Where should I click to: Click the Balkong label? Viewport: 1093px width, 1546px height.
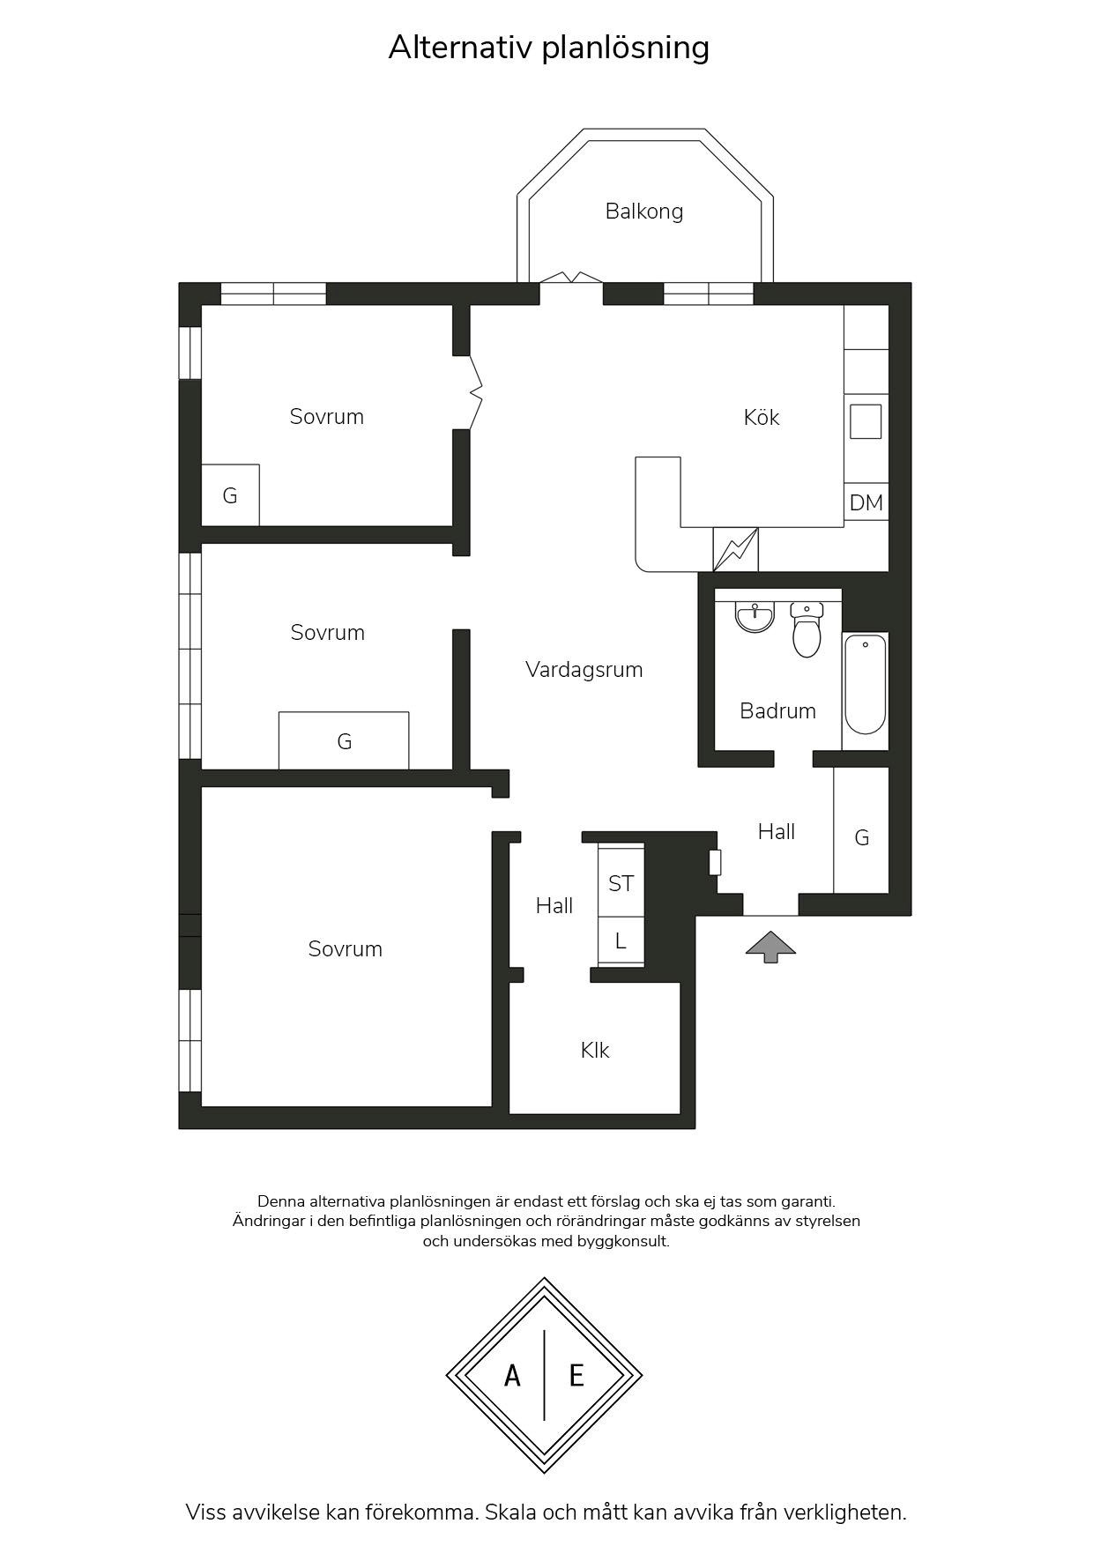[x=643, y=212]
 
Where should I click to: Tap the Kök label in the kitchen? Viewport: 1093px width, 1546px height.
[x=762, y=417]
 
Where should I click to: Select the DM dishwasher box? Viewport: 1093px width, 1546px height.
[x=866, y=502]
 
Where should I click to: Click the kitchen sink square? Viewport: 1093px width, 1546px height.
[x=866, y=421]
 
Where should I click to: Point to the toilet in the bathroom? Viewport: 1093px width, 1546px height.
[x=807, y=629]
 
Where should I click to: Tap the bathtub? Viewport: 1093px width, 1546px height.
[x=865, y=683]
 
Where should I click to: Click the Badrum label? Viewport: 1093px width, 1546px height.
[x=777, y=710]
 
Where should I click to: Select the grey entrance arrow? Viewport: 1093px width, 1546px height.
[x=771, y=947]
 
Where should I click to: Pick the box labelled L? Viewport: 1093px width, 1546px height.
[x=621, y=941]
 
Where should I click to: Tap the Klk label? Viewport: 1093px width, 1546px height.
[x=595, y=1050]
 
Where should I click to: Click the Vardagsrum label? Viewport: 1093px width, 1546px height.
[x=584, y=670]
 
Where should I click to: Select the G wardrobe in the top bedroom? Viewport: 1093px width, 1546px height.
[x=230, y=495]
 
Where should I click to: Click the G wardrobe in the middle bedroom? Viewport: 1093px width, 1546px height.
[x=344, y=740]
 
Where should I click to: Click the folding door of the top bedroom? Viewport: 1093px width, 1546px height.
[x=476, y=392]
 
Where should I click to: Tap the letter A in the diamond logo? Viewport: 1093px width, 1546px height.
[x=512, y=1375]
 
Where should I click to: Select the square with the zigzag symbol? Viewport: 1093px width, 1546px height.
[x=735, y=549]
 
